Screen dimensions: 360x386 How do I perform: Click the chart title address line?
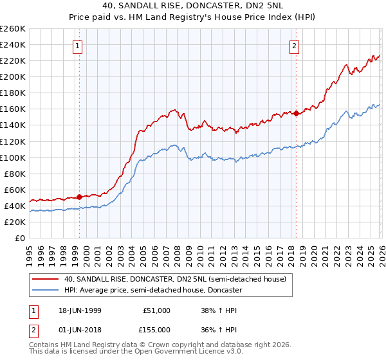click(192, 6)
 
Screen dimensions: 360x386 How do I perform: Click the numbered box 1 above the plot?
click(77, 46)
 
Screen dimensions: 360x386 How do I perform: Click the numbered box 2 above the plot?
click(294, 46)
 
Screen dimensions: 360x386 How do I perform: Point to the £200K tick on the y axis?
click(13, 76)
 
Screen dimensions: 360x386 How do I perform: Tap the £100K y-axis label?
click(13, 157)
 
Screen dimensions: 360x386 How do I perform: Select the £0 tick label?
click(20, 238)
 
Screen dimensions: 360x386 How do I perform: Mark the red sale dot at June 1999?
click(79, 197)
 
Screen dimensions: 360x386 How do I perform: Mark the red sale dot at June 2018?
click(295, 113)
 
